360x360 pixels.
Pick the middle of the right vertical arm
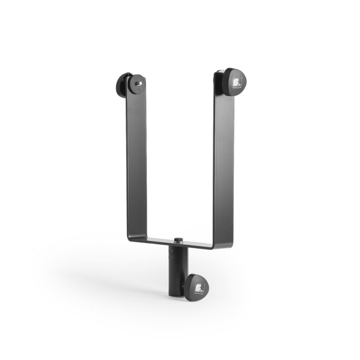click(x=223, y=164)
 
